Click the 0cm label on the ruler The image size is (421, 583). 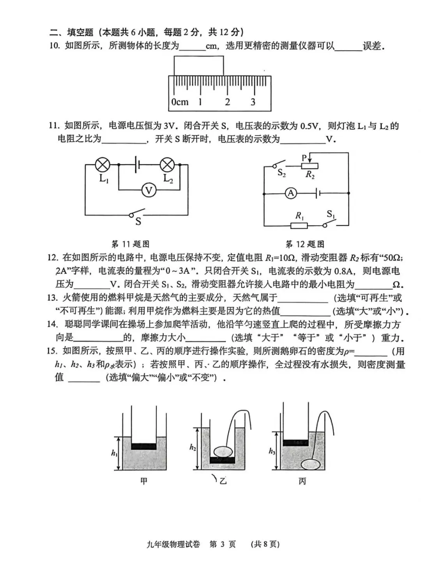pyautogui.click(x=180, y=102)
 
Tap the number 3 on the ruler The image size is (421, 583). pyautogui.click(x=253, y=102)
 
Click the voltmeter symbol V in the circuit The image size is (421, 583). pyautogui.click(x=149, y=190)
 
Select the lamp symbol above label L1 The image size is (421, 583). pyautogui.click(x=103, y=165)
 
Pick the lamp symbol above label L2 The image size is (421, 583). pyautogui.click(x=168, y=165)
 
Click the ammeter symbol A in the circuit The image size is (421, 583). pyautogui.click(x=291, y=193)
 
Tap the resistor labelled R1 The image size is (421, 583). pyautogui.click(x=299, y=225)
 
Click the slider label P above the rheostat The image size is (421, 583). pyautogui.click(x=304, y=158)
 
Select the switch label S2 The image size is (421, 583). pyautogui.click(x=281, y=173)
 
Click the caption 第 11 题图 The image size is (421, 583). pyautogui.click(x=131, y=244)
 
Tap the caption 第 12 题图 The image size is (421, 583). pyautogui.click(x=305, y=244)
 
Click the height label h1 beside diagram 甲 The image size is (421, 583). pyautogui.click(x=114, y=453)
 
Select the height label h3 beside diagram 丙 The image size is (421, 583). pyautogui.click(x=272, y=451)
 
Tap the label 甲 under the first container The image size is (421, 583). pyautogui.click(x=144, y=481)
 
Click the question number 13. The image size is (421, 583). pyautogui.click(x=52, y=298)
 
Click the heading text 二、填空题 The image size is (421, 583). pyautogui.click(x=71, y=32)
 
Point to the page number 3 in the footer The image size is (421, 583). pyautogui.click(x=222, y=544)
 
